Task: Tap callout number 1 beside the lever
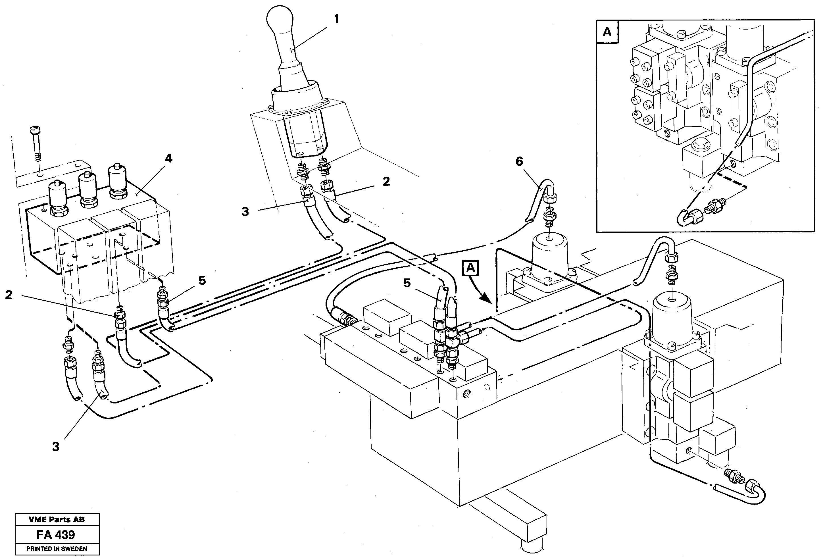pos(336,19)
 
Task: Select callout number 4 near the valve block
pos(169,159)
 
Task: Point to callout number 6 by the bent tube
pos(519,161)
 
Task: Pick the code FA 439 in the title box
pos(56,535)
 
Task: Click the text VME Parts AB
pos(57,519)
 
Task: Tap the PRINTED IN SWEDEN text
pos(57,549)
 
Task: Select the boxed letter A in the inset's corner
pos(607,32)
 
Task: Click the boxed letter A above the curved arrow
pos(470,268)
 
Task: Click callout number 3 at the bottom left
pos(56,447)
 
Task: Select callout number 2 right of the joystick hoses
pos(386,182)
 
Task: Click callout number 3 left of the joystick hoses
pos(245,212)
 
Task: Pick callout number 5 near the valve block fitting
pos(202,281)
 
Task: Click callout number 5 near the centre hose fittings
pos(407,283)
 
